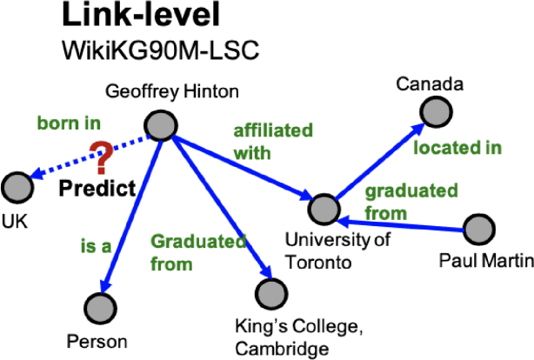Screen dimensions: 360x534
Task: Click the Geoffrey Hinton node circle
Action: [159, 127]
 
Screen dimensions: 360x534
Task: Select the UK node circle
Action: [17, 185]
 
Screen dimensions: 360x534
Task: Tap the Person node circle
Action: [101, 306]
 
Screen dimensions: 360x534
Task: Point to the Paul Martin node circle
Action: [478, 230]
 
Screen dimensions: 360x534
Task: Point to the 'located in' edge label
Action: [457, 148]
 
